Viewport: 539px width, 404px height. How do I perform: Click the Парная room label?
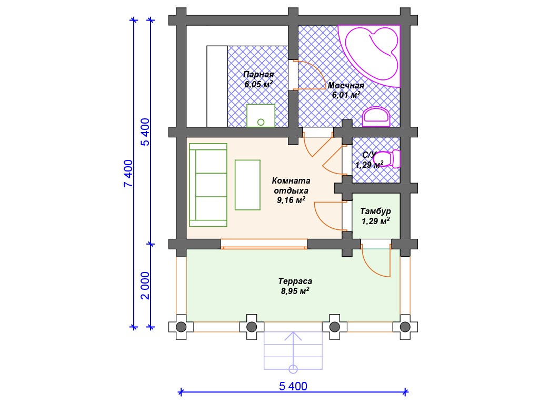tap(258, 74)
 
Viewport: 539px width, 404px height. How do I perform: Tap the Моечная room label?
tap(345, 86)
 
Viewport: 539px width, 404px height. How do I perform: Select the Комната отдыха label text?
tap(291, 186)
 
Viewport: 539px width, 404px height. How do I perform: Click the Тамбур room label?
tap(375, 211)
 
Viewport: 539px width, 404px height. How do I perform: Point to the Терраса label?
tap(295, 281)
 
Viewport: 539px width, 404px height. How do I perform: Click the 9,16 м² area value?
tap(291, 200)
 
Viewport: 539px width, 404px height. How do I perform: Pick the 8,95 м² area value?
tap(295, 291)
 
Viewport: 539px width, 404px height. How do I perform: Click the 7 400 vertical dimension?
tap(128, 173)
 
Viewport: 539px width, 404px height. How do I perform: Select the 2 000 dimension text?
tap(145, 286)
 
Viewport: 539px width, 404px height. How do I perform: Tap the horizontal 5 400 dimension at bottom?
tap(293, 386)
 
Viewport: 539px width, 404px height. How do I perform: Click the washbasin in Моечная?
tap(376, 117)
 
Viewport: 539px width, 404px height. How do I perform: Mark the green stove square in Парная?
tap(261, 116)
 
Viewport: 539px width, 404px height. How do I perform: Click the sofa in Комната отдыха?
tap(208, 185)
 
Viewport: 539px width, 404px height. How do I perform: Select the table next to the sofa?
tap(247, 185)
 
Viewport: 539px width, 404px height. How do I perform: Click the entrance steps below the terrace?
tap(293, 350)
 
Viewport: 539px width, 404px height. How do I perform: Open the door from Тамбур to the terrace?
tap(375, 261)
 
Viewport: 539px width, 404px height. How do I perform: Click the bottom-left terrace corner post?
tap(181, 327)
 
